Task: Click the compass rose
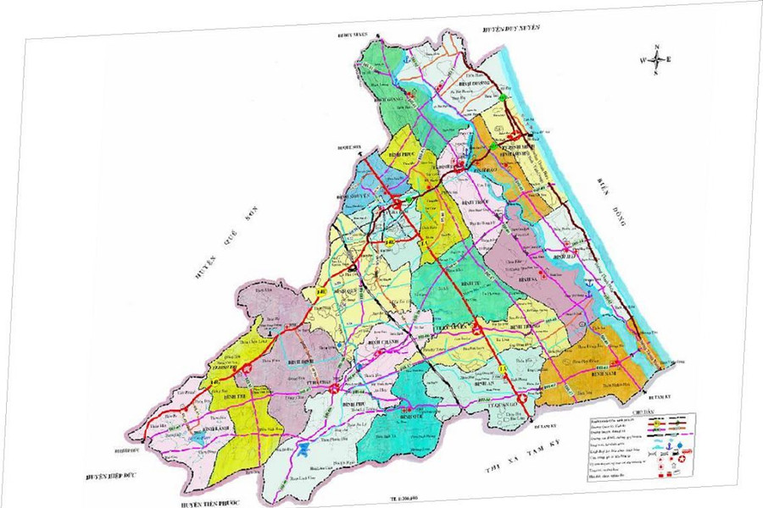click(656, 58)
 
